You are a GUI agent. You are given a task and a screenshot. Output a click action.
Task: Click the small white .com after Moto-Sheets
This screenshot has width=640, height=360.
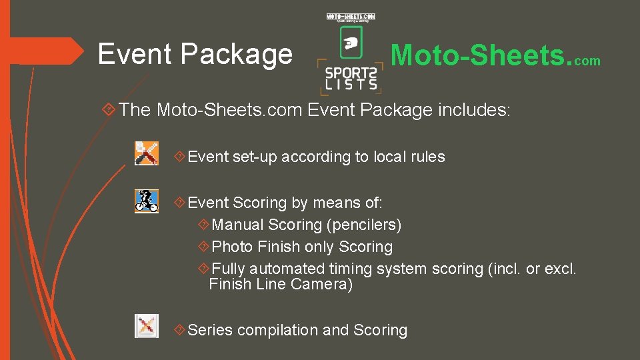click(x=587, y=61)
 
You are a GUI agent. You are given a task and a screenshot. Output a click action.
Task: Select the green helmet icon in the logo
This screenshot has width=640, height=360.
click(x=351, y=44)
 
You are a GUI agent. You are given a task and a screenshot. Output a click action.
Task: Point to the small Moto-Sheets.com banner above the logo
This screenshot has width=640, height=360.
click(x=351, y=17)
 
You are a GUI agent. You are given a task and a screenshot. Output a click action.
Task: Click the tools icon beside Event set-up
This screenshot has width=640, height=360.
click(x=147, y=153)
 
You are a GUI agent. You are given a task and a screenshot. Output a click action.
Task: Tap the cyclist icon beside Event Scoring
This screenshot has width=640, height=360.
click(x=147, y=201)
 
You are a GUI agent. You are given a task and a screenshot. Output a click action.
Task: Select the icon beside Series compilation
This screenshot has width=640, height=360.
click(x=147, y=326)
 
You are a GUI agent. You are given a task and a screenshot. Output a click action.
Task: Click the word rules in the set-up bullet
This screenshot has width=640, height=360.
click(x=427, y=157)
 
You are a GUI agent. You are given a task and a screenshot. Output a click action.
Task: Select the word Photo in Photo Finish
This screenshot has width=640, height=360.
click(x=232, y=247)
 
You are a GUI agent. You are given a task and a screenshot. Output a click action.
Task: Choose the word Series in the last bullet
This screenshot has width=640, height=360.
click(x=210, y=330)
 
